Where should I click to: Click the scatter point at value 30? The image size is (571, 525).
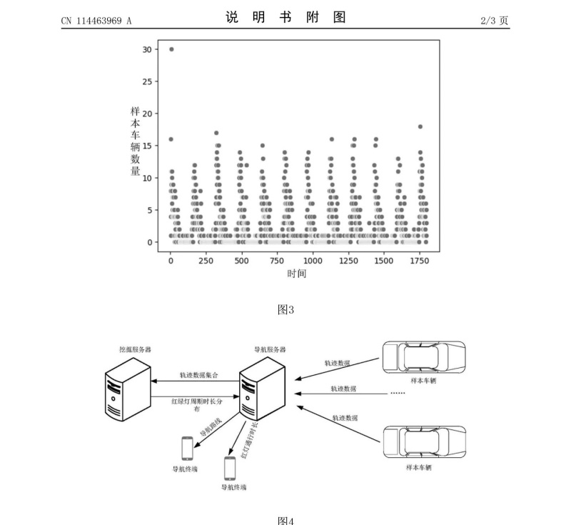point(171,49)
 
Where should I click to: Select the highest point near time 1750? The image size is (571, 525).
point(420,126)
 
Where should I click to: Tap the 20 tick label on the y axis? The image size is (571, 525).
point(148,114)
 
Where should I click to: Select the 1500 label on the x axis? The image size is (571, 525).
point(383,262)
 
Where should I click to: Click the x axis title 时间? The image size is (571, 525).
point(296,274)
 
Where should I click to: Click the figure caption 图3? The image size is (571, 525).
point(285,309)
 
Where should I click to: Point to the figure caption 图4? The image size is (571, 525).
point(285,519)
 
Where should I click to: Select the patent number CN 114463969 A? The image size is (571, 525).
point(96,21)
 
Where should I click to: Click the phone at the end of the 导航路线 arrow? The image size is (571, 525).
point(187,448)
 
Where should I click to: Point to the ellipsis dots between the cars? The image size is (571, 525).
point(397,393)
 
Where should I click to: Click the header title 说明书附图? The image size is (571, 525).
point(285,17)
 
